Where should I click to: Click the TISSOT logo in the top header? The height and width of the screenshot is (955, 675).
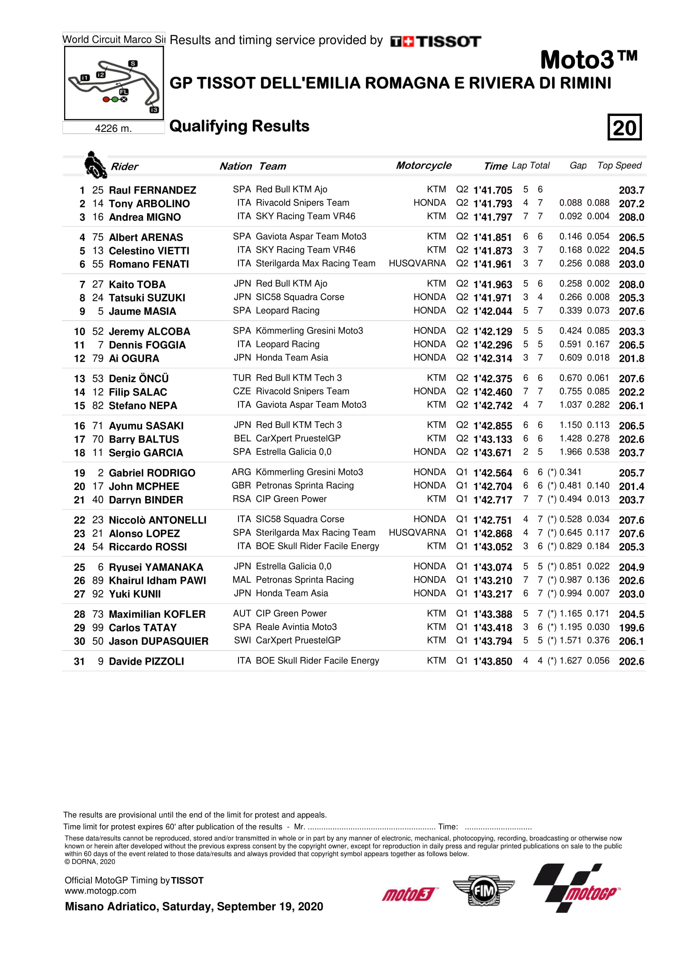(435, 41)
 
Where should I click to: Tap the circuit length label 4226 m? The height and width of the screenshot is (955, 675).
(113, 129)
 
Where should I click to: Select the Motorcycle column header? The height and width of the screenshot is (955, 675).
(423, 165)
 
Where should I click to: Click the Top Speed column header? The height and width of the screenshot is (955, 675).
(619, 165)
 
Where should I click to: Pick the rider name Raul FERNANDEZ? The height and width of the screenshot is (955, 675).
(152, 190)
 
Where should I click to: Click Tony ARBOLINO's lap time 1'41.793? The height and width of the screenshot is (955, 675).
(492, 204)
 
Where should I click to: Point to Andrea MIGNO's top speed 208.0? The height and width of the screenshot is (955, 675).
(631, 217)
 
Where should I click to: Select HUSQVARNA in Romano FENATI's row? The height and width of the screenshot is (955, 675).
(417, 263)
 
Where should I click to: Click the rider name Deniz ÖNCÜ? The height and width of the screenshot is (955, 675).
(138, 378)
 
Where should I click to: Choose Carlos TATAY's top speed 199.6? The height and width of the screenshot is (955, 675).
(631, 628)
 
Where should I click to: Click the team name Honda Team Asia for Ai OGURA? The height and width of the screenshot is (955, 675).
(292, 358)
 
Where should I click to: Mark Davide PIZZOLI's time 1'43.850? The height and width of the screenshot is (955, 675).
(492, 661)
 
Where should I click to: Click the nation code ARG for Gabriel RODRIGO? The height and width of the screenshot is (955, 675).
(241, 472)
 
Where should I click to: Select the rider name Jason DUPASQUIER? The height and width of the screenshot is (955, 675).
(158, 641)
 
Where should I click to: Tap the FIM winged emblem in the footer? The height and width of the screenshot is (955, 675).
(483, 890)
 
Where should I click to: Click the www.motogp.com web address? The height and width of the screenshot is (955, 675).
(100, 891)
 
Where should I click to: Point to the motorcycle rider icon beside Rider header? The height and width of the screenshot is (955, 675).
(95, 165)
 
